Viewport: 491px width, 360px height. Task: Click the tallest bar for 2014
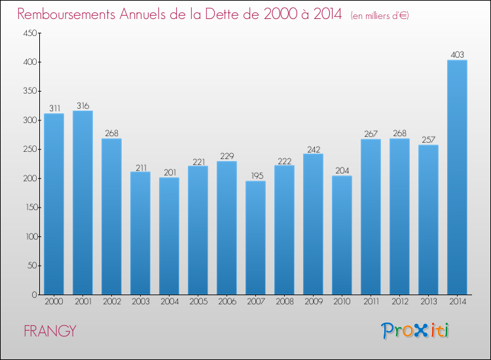457,177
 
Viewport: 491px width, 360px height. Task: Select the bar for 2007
255,238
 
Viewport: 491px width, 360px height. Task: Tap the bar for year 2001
82,203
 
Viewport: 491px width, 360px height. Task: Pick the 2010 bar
342,235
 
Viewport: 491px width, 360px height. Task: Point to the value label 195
255,176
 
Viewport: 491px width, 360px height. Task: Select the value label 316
82,106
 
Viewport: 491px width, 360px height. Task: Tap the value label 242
313,149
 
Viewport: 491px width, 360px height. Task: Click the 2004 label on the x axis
169,302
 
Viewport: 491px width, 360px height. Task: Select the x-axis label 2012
399,302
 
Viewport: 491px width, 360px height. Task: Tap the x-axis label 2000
54,302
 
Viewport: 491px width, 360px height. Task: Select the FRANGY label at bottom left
50,331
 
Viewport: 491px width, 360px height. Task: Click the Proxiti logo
415,331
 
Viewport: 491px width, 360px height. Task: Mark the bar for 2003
140,233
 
